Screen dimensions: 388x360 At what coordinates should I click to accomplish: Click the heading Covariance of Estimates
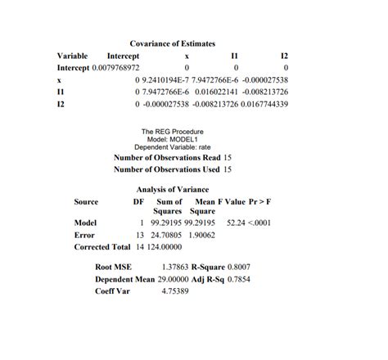[x=172, y=43]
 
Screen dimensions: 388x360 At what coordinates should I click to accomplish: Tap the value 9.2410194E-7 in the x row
[x=165, y=80]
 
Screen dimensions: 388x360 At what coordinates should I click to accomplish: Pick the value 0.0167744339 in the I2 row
[x=264, y=105]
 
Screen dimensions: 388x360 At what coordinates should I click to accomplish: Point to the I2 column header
[x=284, y=55]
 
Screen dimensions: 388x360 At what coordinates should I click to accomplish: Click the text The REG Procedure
[x=173, y=131]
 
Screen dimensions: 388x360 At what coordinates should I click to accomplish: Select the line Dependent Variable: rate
[x=173, y=146]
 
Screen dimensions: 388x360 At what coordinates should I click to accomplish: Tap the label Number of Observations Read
[x=166, y=157]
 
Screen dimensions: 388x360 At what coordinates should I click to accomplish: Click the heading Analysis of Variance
[x=172, y=189]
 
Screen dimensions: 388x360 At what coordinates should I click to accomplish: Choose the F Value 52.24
[x=238, y=222]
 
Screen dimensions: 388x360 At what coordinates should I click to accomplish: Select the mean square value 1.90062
[x=200, y=234]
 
